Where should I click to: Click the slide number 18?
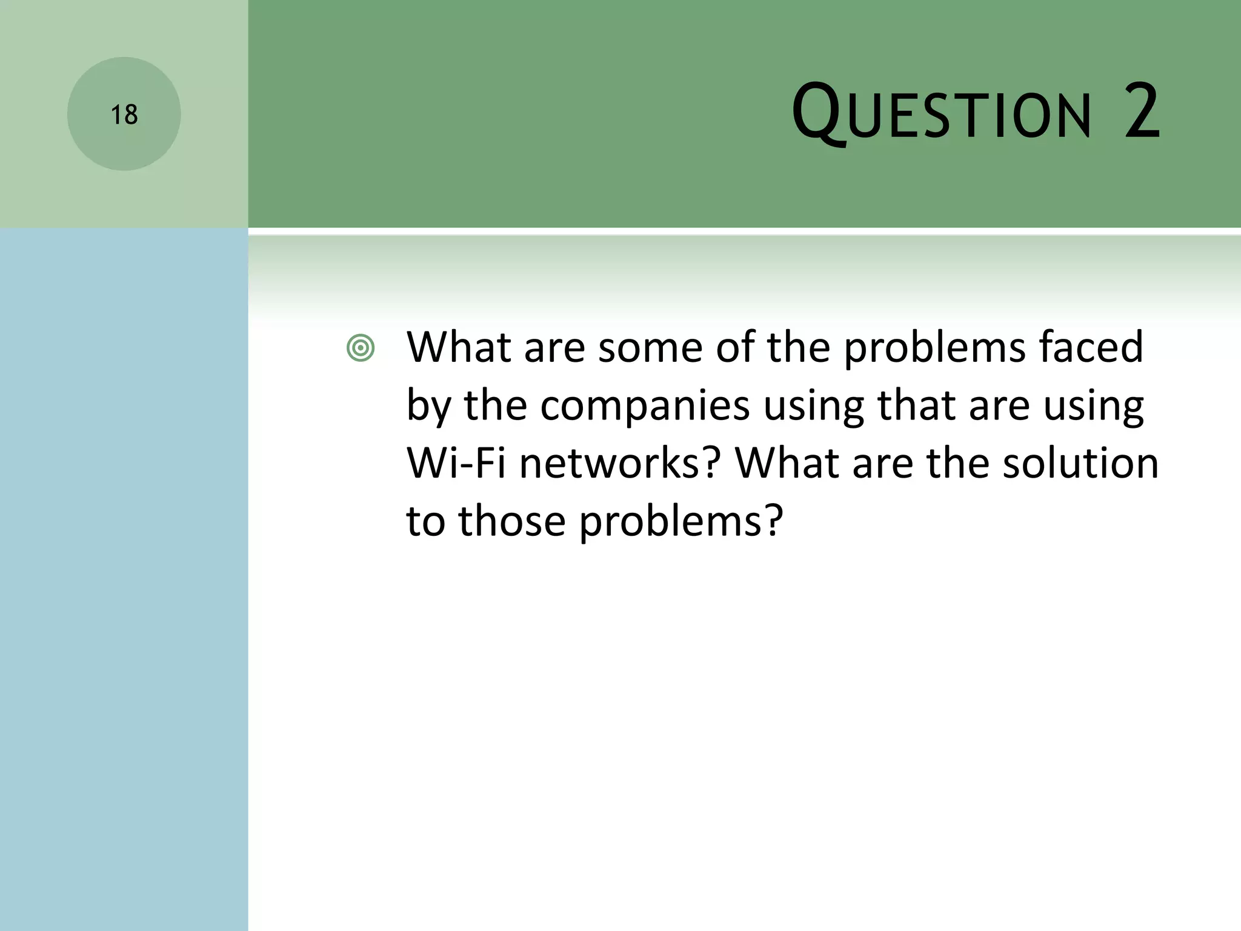click(124, 115)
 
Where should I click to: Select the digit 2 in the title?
click(1142, 113)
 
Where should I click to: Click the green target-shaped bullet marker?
click(361, 349)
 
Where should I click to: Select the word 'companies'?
click(645, 406)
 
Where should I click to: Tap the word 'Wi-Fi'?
click(456, 464)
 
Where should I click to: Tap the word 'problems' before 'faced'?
click(933, 349)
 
